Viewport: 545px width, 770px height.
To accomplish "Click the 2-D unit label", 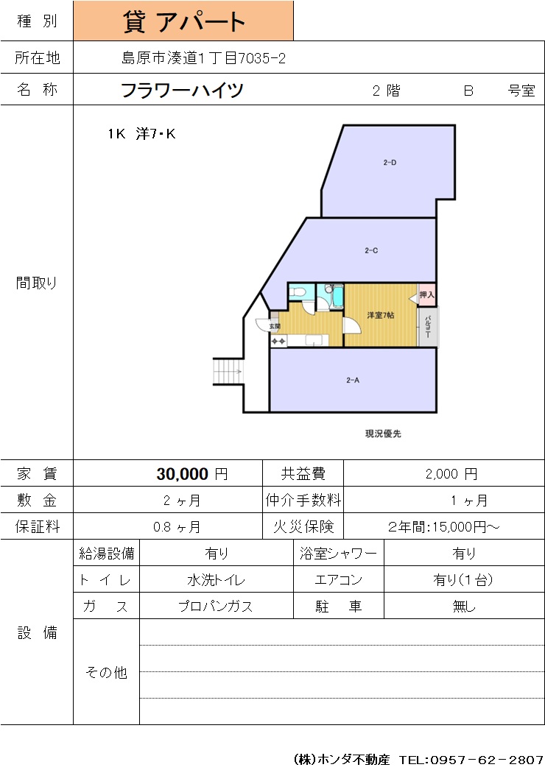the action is tap(390, 162).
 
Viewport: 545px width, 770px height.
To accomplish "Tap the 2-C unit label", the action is tap(371, 250).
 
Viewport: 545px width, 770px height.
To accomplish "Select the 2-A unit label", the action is tap(353, 380).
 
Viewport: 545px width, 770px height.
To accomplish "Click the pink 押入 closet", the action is tap(426, 294).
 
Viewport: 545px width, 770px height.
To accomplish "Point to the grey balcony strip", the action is tap(428, 327).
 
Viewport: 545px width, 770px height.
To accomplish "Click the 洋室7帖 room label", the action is tap(380, 315).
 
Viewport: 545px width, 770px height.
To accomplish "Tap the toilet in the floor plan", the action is tap(298, 293).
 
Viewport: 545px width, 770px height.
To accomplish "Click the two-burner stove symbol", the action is tap(278, 341).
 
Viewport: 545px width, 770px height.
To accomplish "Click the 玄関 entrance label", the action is tap(274, 326).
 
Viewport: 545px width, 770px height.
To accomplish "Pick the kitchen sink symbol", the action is tap(313, 340).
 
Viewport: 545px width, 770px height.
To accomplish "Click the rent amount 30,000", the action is tap(183, 474).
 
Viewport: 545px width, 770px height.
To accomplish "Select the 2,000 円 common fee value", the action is tap(451, 474).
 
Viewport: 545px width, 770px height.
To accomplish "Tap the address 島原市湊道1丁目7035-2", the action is tap(203, 58).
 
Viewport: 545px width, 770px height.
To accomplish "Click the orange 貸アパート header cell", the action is tap(183, 21).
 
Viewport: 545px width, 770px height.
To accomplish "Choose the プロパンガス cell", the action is tap(217, 606).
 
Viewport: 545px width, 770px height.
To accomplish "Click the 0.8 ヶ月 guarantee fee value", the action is tap(177, 527).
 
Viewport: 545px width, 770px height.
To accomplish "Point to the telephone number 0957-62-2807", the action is tap(487, 760).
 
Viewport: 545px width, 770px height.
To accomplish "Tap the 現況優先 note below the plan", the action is tap(383, 434).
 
